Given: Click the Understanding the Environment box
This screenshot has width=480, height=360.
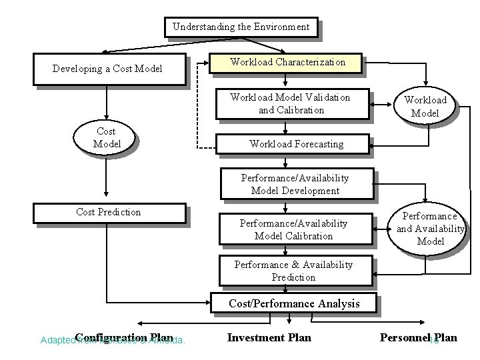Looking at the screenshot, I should click(x=241, y=27).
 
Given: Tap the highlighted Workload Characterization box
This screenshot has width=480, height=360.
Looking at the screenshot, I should click(x=287, y=62).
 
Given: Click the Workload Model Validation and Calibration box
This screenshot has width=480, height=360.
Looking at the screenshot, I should click(x=289, y=103).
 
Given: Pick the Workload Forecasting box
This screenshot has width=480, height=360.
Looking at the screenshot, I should click(x=296, y=143).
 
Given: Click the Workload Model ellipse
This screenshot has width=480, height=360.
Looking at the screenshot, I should click(x=425, y=107).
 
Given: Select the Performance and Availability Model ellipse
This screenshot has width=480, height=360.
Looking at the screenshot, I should click(x=430, y=229).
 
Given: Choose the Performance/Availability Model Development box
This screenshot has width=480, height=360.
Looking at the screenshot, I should click(x=295, y=185).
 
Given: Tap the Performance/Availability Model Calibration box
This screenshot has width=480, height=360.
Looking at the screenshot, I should click(x=294, y=230).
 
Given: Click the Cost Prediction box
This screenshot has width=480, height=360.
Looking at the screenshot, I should click(x=109, y=213).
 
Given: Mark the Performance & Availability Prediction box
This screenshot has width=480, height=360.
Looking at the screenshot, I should click(x=293, y=271).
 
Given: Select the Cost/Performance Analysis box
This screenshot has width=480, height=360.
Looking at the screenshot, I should click(x=294, y=303).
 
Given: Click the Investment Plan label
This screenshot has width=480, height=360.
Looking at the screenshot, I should click(x=269, y=337).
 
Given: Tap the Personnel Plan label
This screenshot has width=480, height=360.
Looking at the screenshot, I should click(x=418, y=337).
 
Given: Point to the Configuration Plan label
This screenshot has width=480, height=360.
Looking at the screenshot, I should click(x=124, y=337).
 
